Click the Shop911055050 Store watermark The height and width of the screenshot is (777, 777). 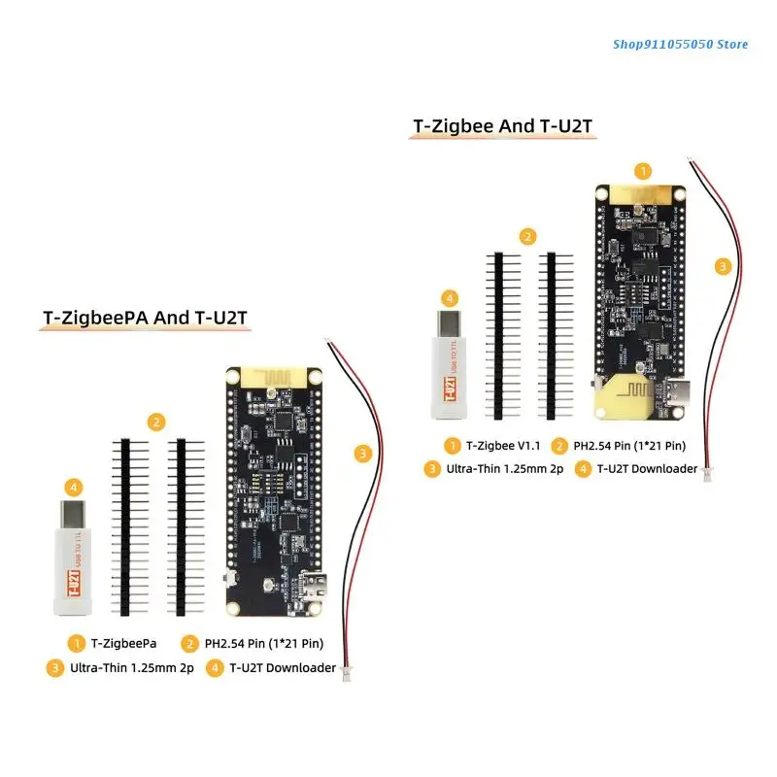click(681, 44)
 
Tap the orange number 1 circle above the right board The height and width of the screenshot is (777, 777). click(642, 171)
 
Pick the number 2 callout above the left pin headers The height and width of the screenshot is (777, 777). click(155, 422)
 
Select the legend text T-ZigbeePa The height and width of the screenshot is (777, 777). click(124, 643)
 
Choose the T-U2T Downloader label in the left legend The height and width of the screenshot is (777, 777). click(283, 667)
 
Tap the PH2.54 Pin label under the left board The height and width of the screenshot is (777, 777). click(264, 643)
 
